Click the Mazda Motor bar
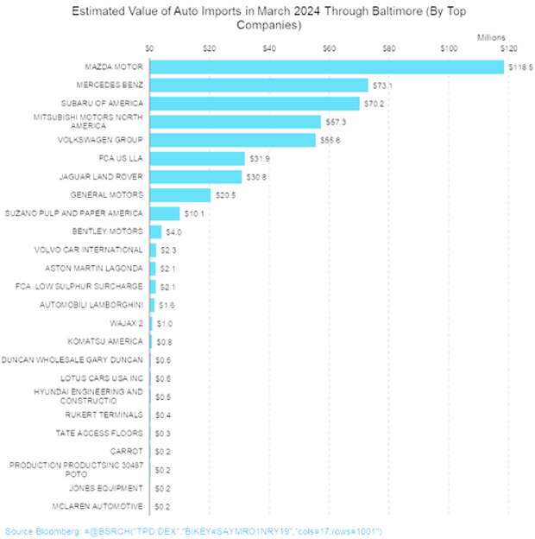[326, 67]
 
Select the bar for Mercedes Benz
[259, 85]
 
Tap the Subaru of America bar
[255, 104]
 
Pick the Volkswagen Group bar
[233, 140]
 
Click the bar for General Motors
[180, 194]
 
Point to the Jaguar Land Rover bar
[196, 176]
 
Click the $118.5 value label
[520, 67]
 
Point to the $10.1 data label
[195, 212]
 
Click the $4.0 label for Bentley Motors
[174, 231]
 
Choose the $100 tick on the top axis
[449, 49]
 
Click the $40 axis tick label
[269, 49]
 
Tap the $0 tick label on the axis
[150, 49]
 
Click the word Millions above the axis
[492, 37]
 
